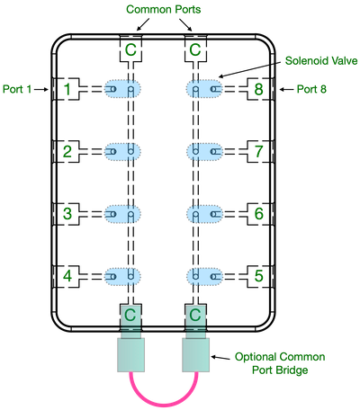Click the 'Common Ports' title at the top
(164, 9)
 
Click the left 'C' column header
(131, 50)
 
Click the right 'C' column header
(195, 50)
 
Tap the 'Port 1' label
(18, 90)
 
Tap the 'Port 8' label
(311, 90)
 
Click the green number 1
(67, 89)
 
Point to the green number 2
(67, 151)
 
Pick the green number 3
(67, 214)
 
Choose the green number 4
(67, 276)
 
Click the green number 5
(259, 276)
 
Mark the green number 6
(259, 214)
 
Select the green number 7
(259, 151)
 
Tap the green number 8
(259, 89)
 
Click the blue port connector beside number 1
(123, 89)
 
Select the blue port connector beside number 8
(204, 89)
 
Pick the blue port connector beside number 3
(123, 214)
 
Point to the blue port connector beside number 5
(204, 276)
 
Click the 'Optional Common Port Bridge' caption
(280, 363)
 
